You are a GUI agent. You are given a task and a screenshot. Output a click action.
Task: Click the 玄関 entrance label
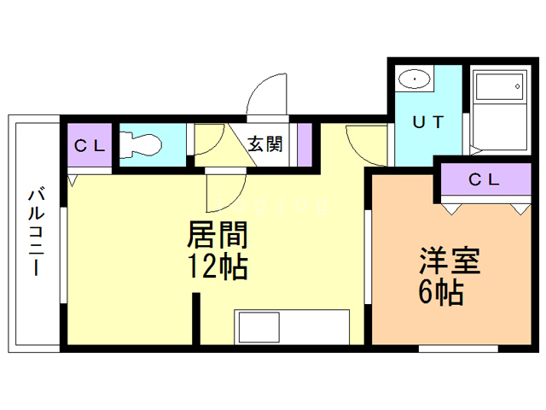coord(265,144)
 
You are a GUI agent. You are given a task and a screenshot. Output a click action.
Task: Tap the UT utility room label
coord(428,122)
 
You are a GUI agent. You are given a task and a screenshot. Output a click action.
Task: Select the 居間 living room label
coord(218,235)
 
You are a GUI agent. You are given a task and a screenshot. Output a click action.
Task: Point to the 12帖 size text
coord(218,266)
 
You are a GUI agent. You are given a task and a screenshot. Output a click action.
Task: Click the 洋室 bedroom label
coord(450,261)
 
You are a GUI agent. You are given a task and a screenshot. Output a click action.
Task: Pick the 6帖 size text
coord(441,292)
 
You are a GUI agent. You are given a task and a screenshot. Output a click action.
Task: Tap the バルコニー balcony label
coord(36,232)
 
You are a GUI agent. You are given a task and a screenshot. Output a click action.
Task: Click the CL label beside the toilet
coord(90,146)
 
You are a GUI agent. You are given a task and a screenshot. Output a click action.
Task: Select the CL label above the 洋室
coord(484,179)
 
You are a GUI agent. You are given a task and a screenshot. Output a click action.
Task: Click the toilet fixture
coord(140,144)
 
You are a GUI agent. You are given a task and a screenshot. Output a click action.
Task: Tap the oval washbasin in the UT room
coord(415,79)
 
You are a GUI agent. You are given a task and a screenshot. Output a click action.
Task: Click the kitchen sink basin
coord(258,327)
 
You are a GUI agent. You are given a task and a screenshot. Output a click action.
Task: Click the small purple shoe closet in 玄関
coord(305,144)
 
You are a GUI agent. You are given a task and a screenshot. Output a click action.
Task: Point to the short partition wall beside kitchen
coord(196,319)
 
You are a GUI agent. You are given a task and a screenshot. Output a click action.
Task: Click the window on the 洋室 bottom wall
coord(458,348)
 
